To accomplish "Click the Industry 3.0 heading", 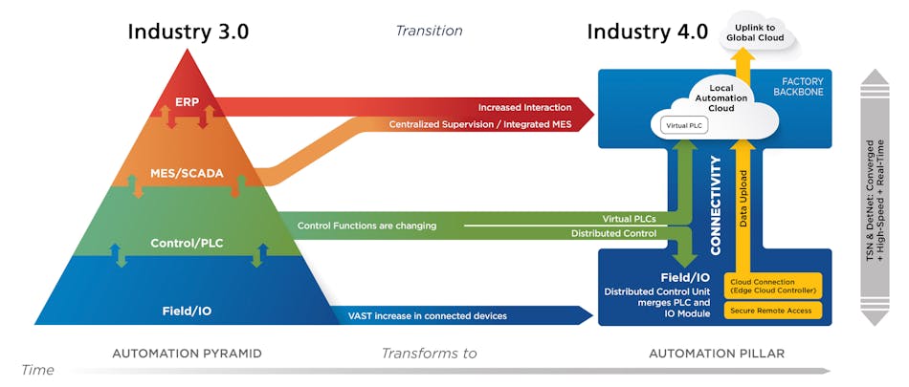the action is [x=188, y=32].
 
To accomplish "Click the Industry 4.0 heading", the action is [x=647, y=32].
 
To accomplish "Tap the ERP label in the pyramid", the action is [x=188, y=102].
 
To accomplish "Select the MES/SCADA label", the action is [x=187, y=173].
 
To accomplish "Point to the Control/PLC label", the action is [x=187, y=244].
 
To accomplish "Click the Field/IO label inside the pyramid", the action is [x=187, y=312].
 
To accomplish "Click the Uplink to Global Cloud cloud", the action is [x=755, y=32].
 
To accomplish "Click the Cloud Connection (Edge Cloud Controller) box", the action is [x=773, y=285].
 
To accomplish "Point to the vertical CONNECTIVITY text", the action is [x=716, y=205].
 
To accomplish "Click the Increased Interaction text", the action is [x=524, y=108].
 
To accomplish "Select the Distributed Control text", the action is [x=613, y=233].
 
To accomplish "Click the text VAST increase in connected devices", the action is [x=428, y=315].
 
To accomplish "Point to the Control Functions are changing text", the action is [x=367, y=226].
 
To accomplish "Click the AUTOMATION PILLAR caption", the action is [x=717, y=354].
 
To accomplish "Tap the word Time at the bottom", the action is [x=38, y=370].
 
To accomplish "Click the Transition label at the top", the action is [x=429, y=31].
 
